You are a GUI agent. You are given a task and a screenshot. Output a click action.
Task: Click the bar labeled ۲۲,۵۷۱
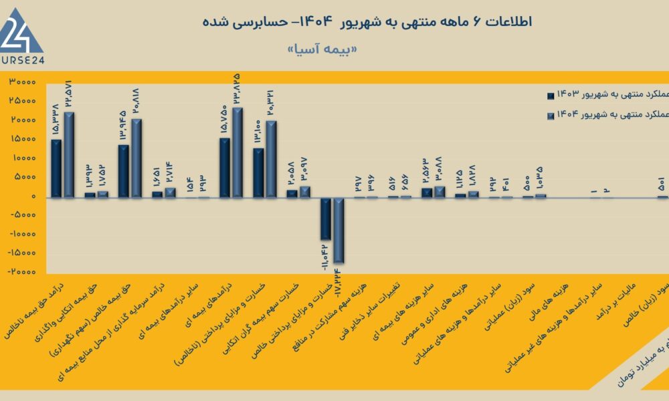[x=69, y=154]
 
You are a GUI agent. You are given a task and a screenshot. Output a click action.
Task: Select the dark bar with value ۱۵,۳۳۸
[x=56, y=168]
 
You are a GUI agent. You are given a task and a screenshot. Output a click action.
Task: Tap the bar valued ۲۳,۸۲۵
[x=237, y=152]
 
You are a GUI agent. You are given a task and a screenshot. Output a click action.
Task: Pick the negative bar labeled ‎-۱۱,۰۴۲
[x=326, y=219]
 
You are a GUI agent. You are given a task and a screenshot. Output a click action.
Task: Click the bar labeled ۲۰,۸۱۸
[x=136, y=158]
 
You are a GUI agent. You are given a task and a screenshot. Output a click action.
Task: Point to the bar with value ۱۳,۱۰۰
[x=258, y=172]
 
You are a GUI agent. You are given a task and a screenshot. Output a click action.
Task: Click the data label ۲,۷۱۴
[x=170, y=174]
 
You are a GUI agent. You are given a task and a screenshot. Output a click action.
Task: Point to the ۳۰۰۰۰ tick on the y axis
[x=22, y=82]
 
